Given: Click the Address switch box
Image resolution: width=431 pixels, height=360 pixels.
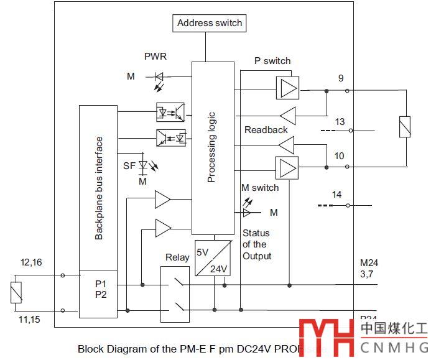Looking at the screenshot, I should (x=210, y=24).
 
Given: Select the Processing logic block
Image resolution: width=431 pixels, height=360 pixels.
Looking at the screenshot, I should (x=212, y=148).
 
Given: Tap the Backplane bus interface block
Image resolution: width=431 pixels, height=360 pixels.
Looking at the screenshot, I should (x=98, y=188).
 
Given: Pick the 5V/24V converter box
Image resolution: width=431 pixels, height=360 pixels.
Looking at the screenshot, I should (x=213, y=257).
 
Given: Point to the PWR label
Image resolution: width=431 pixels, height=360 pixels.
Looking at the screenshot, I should (x=155, y=57).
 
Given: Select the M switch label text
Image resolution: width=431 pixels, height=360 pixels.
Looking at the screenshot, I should (x=261, y=188).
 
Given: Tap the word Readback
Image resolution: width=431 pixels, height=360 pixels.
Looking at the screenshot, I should (x=266, y=130).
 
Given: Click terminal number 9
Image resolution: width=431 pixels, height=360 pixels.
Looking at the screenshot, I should (x=340, y=78).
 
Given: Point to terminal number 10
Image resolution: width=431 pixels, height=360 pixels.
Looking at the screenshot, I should (x=339, y=155).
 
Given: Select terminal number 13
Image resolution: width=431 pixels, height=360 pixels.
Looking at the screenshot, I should (x=340, y=121).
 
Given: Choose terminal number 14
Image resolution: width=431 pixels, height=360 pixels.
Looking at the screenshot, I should (x=336, y=195).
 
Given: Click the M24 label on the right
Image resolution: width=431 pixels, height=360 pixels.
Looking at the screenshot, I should (x=369, y=263).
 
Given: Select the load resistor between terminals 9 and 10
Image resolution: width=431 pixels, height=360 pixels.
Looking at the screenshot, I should (x=405, y=126).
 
